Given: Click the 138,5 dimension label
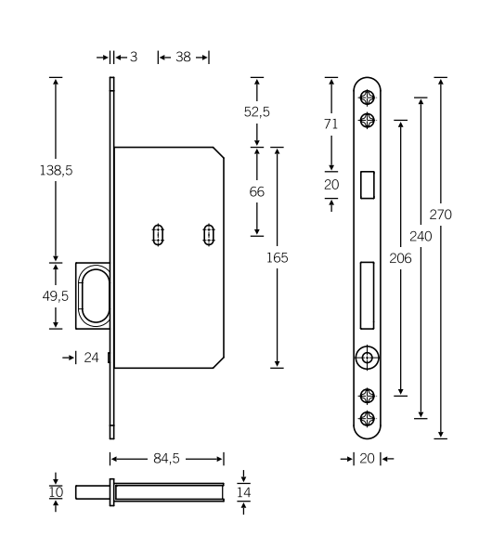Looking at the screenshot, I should (56, 172).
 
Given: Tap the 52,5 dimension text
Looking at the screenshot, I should (257, 111).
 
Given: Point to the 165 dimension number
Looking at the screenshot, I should (276, 257).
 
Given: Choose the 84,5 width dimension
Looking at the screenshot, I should (166, 458).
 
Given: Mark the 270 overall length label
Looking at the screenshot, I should (441, 215).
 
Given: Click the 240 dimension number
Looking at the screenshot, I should (421, 237).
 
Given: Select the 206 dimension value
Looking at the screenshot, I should (400, 257).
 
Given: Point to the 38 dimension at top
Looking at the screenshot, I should (183, 58).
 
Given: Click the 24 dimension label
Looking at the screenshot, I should (91, 357).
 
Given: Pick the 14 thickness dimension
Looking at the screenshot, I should (244, 491).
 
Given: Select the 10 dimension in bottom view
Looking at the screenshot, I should (56, 491).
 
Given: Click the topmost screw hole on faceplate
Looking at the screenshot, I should (368, 98).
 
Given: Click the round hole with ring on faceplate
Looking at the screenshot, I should (368, 356).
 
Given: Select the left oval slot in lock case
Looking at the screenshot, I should (159, 234).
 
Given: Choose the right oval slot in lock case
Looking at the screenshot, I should (207, 234).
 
